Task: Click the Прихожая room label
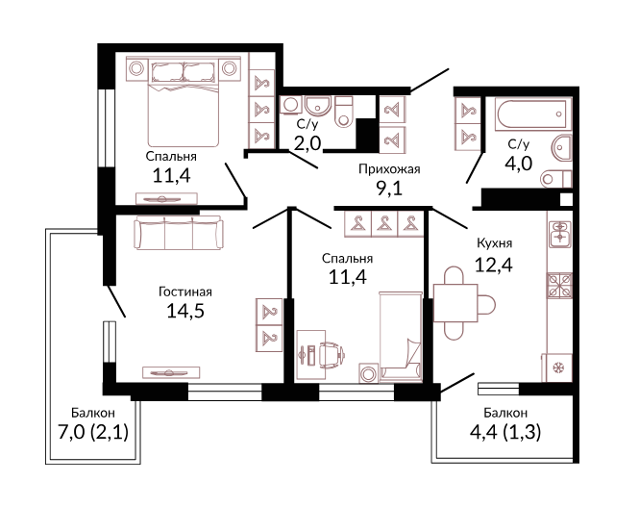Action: coord(389,169)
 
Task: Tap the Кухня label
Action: coord(494,243)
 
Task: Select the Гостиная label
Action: coord(185,292)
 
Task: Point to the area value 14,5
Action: coord(185,311)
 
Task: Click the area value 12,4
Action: coord(494,265)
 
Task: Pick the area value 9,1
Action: coord(389,189)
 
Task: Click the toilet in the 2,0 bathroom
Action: coord(344,112)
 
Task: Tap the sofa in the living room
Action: coord(179,233)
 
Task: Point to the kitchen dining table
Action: coord(455,303)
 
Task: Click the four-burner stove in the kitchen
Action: coord(559,285)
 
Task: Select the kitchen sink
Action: coord(560,234)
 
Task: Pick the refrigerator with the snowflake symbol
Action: coord(556,368)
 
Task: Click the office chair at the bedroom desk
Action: coord(331,352)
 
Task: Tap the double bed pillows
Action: coord(184,72)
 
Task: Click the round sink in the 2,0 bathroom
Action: coord(318,106)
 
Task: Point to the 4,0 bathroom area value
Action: coord(518,164)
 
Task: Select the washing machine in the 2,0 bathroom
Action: coord(291,105)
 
